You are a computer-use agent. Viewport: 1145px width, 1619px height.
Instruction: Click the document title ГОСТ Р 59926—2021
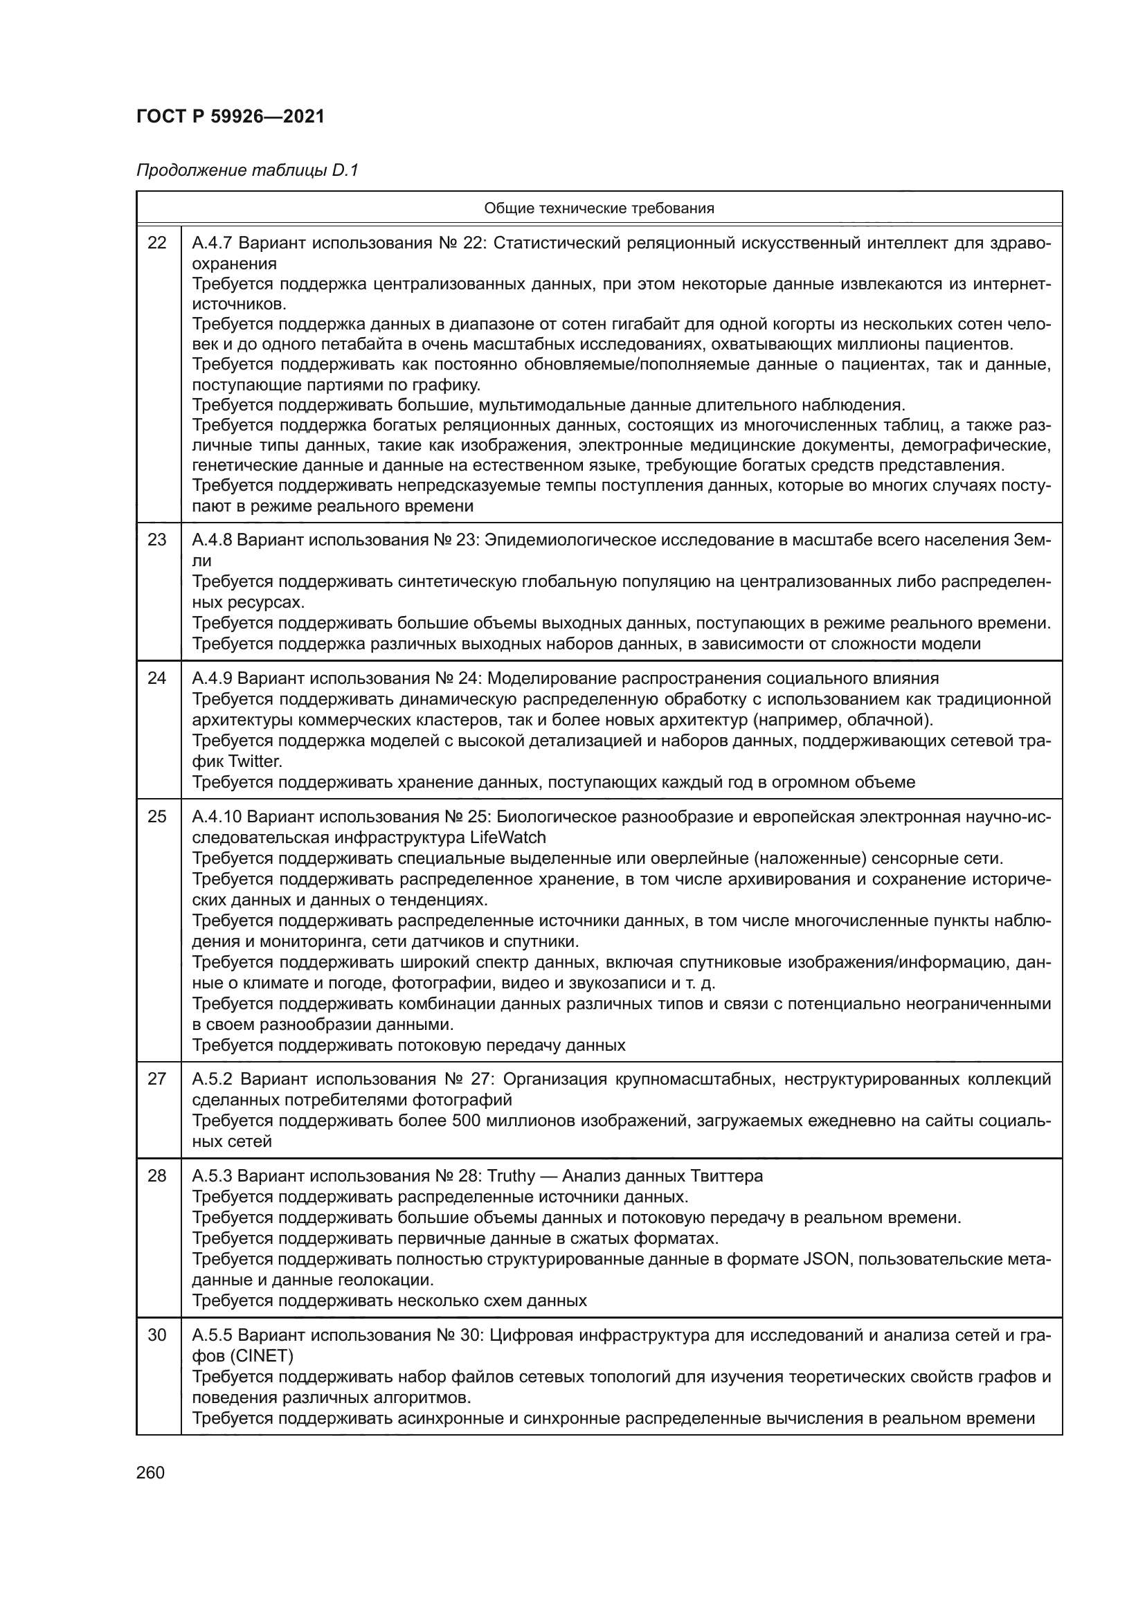231,116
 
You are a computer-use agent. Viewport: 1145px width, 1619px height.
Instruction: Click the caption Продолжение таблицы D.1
247,171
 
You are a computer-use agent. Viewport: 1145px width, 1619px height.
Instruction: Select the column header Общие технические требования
599,208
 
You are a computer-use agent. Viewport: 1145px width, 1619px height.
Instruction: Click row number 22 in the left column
157,243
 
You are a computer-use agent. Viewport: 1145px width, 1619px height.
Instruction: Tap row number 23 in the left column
157,540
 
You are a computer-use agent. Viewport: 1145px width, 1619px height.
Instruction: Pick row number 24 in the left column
157,678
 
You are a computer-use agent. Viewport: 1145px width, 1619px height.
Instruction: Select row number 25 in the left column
157,817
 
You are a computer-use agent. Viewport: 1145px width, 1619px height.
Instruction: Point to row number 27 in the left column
157,1079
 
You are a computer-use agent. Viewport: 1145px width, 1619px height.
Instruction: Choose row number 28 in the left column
157,1176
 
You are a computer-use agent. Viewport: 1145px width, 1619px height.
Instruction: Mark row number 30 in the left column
157,1335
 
